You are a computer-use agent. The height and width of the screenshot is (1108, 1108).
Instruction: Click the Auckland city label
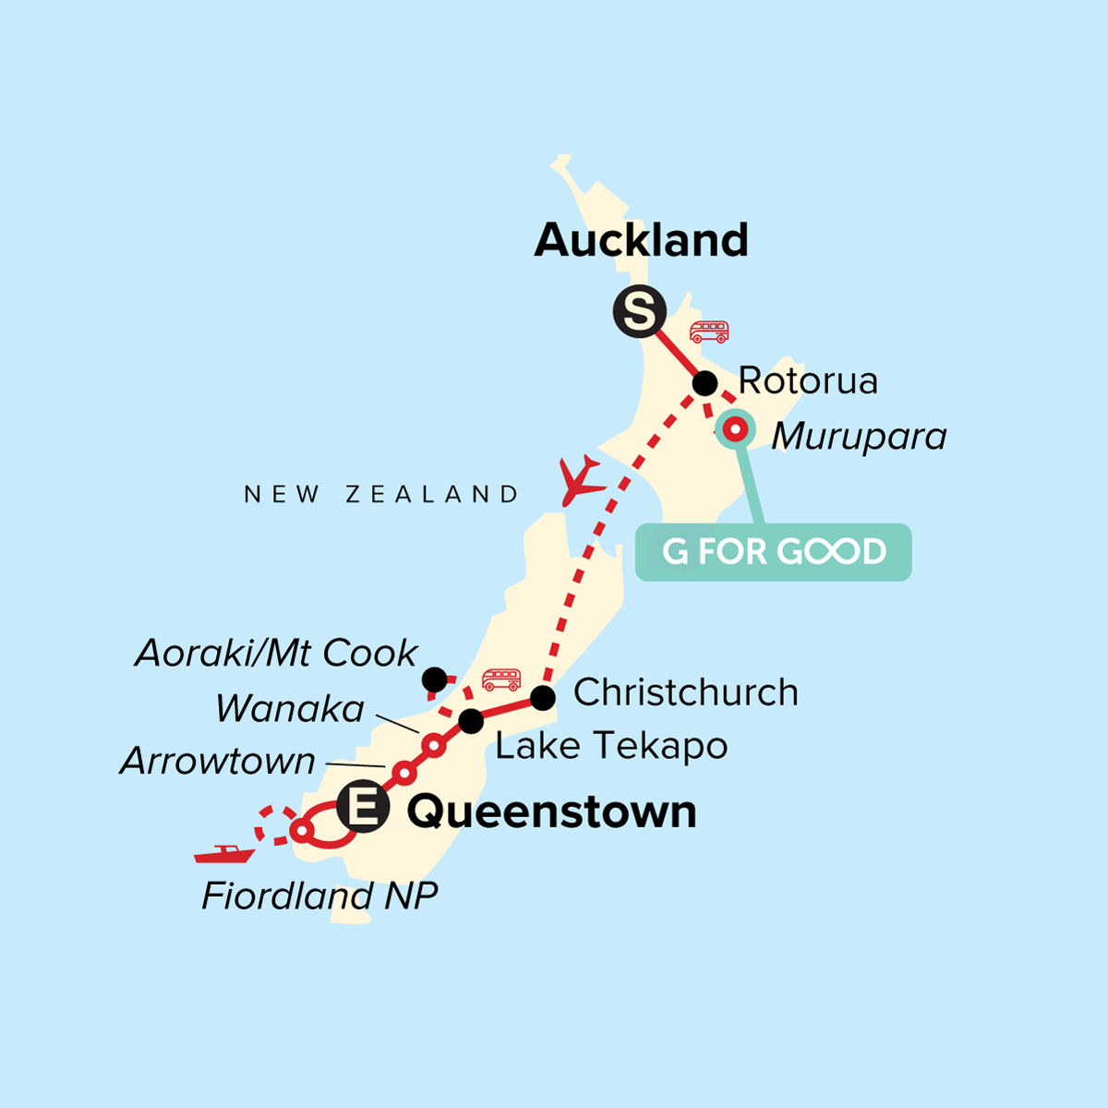641,240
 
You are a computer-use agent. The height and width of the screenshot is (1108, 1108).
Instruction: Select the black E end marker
362,809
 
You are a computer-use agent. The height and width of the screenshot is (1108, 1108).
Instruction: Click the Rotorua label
808,380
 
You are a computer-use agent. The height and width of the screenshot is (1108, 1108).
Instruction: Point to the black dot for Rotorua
705,383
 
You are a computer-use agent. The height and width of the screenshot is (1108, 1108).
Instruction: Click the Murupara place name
859,437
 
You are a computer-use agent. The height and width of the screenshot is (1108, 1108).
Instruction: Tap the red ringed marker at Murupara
735,428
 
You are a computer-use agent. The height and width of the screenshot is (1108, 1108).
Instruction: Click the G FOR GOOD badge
774,552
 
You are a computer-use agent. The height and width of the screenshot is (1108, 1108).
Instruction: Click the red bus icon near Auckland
709,331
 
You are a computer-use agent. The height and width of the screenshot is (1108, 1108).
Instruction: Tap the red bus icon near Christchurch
501,680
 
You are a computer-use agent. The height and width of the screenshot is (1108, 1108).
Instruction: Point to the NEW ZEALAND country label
381,495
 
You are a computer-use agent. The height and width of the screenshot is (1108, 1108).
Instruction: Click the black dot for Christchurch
543,698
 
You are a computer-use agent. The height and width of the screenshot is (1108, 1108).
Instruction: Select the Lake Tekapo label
611,746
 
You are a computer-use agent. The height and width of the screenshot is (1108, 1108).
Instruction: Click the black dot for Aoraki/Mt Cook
434,680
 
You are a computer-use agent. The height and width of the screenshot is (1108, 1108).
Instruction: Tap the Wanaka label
290,709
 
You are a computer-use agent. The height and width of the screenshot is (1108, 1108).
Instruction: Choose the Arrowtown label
218,761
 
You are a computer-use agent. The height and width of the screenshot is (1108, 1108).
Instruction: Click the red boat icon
224,854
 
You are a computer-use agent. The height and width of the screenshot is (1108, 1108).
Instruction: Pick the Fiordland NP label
319,896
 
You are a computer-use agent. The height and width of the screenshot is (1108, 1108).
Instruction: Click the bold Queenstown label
551,812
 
